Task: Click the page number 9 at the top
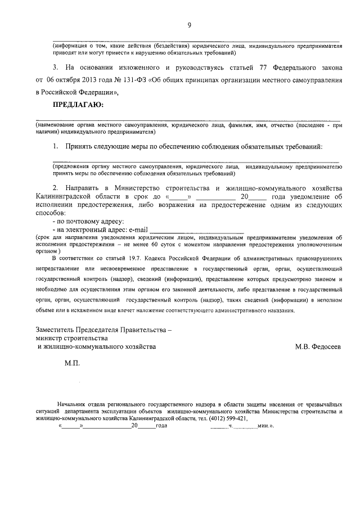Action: [x=190, y=25]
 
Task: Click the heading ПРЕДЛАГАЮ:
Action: [x=78, y=105]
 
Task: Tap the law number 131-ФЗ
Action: [x=134, y=80]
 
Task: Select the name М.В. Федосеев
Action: [x=318, y=348]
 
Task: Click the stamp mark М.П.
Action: [x=73, y=364]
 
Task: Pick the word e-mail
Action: [x=138, y=230]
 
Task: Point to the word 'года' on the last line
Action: [x=161, y=426]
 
